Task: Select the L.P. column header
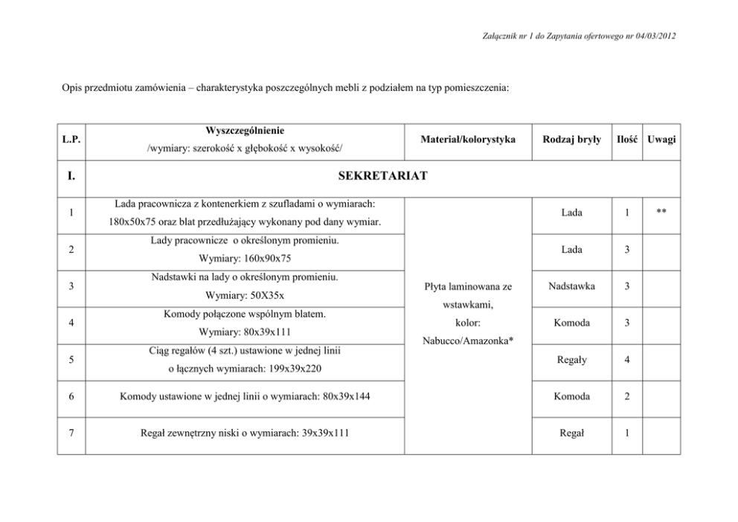click(x=72, y=139)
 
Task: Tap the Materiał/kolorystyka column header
click(x=468, y=139)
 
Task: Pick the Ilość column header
click(x=627, y=139)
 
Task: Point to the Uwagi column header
click(x=661, y=139)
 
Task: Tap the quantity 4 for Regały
click(x=627, y=360)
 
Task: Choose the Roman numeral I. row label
click(x=72, y=178)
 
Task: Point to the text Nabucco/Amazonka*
click(x=467, y=341)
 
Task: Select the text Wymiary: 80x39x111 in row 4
click(x=245, y=332)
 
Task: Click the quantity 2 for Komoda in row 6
click(x=627, y=396)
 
